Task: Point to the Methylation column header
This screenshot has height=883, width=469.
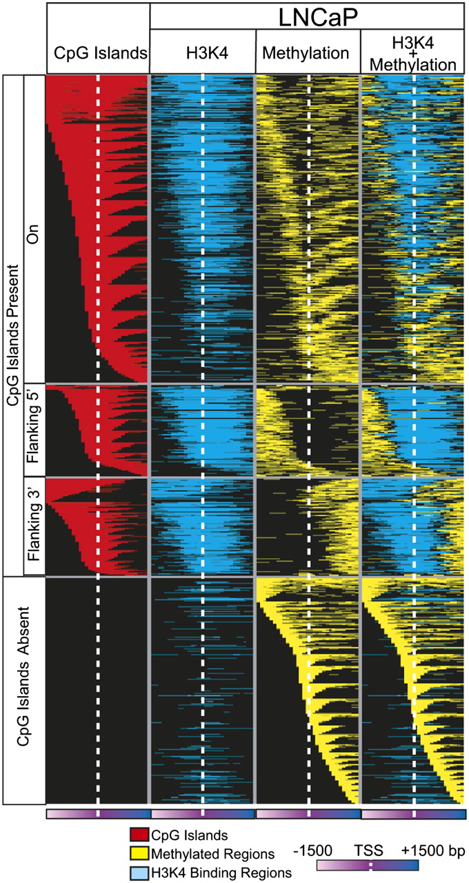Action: pyautogui.click(x=308, y=52)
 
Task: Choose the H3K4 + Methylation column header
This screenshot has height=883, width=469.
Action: pyautogui.click(x=413, y=52)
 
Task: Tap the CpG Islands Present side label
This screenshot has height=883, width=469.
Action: pyautogui.click(x=13, y=324)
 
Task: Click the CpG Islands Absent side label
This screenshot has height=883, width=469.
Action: pyautogui.click(x=23, y=691)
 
